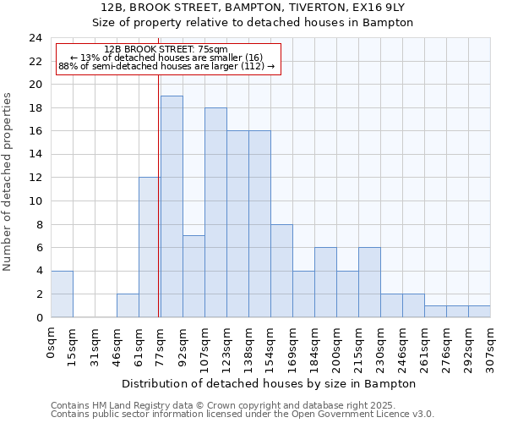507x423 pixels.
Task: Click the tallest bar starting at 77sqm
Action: pos(172,206)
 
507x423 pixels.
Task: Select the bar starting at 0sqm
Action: pos(62,294)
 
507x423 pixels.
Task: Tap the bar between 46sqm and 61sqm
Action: pos(128,305)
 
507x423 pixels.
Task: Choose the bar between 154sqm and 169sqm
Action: pos(281,271)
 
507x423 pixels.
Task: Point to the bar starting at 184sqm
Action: pos(325,283)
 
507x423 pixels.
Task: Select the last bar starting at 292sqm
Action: pos(479,311)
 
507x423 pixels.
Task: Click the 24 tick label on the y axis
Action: pos(35,38)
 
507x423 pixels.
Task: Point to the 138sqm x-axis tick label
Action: pos(248,345)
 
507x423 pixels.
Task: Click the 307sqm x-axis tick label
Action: pos(490,345)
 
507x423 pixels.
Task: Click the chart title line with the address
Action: pos(253,7)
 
